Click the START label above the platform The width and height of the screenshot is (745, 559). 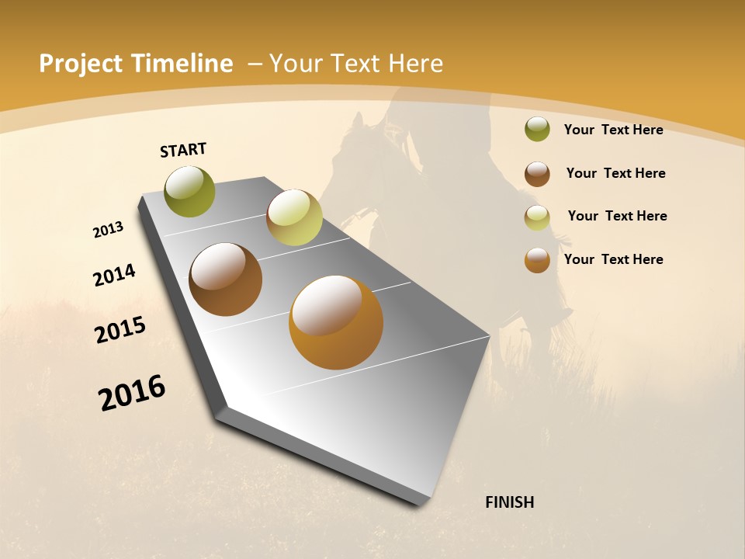point(183,150)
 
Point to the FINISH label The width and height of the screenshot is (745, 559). point(510,502)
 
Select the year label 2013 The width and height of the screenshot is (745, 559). point(109,230)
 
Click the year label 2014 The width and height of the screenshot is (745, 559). point(114,275)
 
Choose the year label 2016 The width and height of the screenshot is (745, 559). point(132,393)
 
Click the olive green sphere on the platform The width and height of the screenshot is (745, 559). point(189,191)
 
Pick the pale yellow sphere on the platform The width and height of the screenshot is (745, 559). point(294,217)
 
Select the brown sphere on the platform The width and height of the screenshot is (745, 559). point(225,279)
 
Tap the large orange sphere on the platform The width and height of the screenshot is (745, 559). point(336,322)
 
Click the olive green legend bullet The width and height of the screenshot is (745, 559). point(537,129)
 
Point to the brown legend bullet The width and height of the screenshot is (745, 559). point(537,174)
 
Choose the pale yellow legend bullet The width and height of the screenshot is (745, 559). point(537,217)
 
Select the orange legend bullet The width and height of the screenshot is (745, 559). point(537,260)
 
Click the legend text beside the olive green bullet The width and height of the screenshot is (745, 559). point(613,130)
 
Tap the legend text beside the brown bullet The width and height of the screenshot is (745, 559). point(615,173)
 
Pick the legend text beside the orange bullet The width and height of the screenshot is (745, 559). point(613,259)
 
